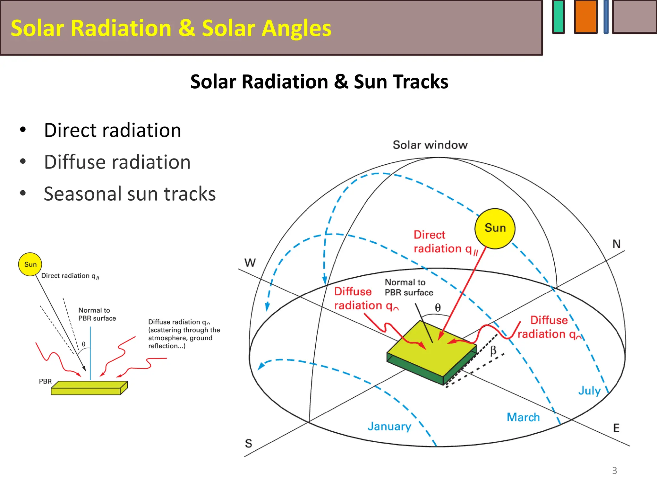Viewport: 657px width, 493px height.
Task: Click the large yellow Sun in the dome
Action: click(495, 229)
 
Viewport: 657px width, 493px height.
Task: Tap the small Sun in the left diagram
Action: click(30, 264)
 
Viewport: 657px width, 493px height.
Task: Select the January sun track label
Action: click(389, 426)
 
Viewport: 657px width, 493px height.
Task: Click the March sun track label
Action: click(523, 417)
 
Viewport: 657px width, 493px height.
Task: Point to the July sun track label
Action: click(589, 391)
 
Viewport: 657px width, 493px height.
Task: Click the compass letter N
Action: click(616, 244)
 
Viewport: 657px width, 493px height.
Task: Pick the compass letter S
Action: click(249, 444)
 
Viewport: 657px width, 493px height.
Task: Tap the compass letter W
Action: click(250, 263)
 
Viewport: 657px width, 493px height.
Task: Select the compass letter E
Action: click(616, 428)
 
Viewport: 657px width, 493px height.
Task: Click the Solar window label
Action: click(430, 145)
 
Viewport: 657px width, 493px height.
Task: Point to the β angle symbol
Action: click(493, 350)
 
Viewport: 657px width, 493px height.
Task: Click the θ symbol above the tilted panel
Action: click(438, 308)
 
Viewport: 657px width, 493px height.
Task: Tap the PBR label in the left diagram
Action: click(45, 381)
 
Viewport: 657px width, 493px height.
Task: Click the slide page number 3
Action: click(614, 471)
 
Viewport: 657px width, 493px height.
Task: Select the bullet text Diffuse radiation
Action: click(117, 162)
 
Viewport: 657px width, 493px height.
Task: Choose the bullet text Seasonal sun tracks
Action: click(130, 194)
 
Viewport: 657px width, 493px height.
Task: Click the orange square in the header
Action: click(585, 17)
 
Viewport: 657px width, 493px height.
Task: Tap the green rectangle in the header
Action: click(559, 17)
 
